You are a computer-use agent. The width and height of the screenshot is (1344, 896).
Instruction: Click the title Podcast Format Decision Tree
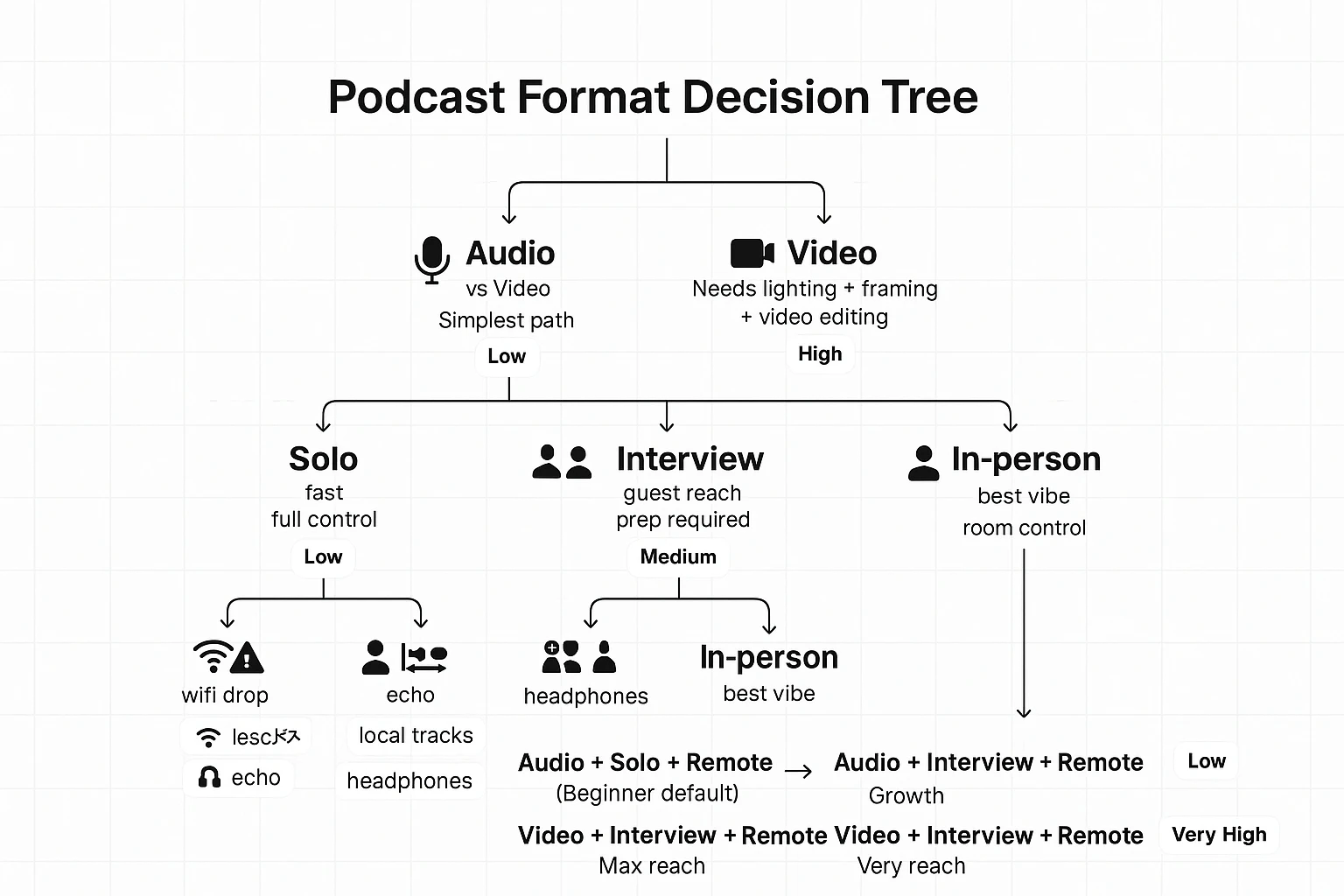(653, 97)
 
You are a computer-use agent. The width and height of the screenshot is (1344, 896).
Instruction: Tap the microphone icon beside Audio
(431, 260)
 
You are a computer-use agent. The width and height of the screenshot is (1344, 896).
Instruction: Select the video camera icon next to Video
(752, 254)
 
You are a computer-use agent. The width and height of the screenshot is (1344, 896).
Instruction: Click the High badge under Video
(820, 354)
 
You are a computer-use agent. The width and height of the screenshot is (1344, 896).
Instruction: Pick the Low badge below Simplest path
(507, 357)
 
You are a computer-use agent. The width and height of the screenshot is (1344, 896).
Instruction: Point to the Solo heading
(323, 459)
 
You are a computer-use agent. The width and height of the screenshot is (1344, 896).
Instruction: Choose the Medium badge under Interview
(678, 557)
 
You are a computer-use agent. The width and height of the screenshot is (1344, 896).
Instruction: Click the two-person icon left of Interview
(562, 461)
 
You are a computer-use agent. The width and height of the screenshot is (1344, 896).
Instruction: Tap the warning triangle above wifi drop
(247, 657)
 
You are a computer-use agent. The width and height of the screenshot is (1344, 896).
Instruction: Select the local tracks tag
(416, 736)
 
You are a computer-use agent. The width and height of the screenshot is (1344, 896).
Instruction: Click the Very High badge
(1219, 835)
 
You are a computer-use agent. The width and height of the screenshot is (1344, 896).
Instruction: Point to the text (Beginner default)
(647, 794)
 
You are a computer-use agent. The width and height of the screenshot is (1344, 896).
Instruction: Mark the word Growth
(906, 796)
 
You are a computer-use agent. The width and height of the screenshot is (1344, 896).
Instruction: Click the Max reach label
(652, 866)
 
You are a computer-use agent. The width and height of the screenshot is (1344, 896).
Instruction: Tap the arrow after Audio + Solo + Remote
(798, 771)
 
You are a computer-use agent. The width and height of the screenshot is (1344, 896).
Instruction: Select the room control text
(1024, 528)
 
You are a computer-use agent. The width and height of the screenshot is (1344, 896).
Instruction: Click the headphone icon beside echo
(209, 778)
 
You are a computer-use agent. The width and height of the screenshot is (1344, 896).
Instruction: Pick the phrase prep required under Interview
(682, 520)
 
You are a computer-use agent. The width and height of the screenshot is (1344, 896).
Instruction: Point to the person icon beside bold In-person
(923, 463)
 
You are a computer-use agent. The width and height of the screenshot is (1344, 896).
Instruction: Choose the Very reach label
(911, 866)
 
